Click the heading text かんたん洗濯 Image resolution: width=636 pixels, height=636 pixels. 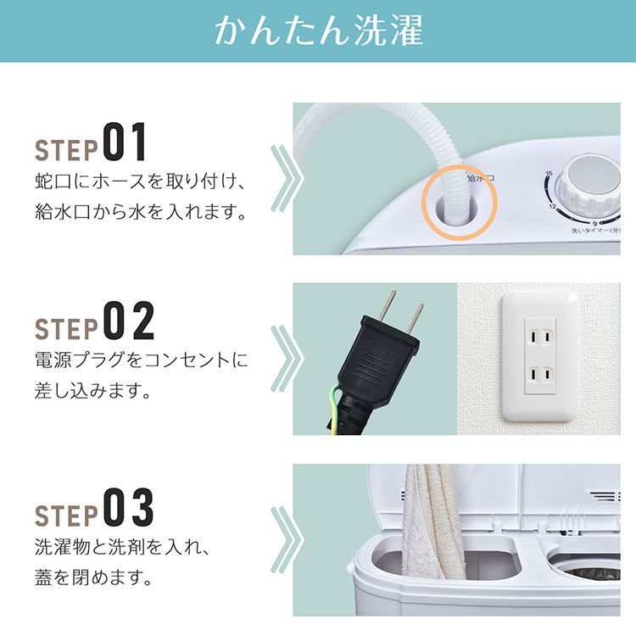pos(318,31)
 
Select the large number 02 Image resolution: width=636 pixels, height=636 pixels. pos(129,321)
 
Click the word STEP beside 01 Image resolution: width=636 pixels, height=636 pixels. pos(65,148)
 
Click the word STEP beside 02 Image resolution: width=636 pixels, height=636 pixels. pos(65,327)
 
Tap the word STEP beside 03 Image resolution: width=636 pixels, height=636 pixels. pos(65,515)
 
